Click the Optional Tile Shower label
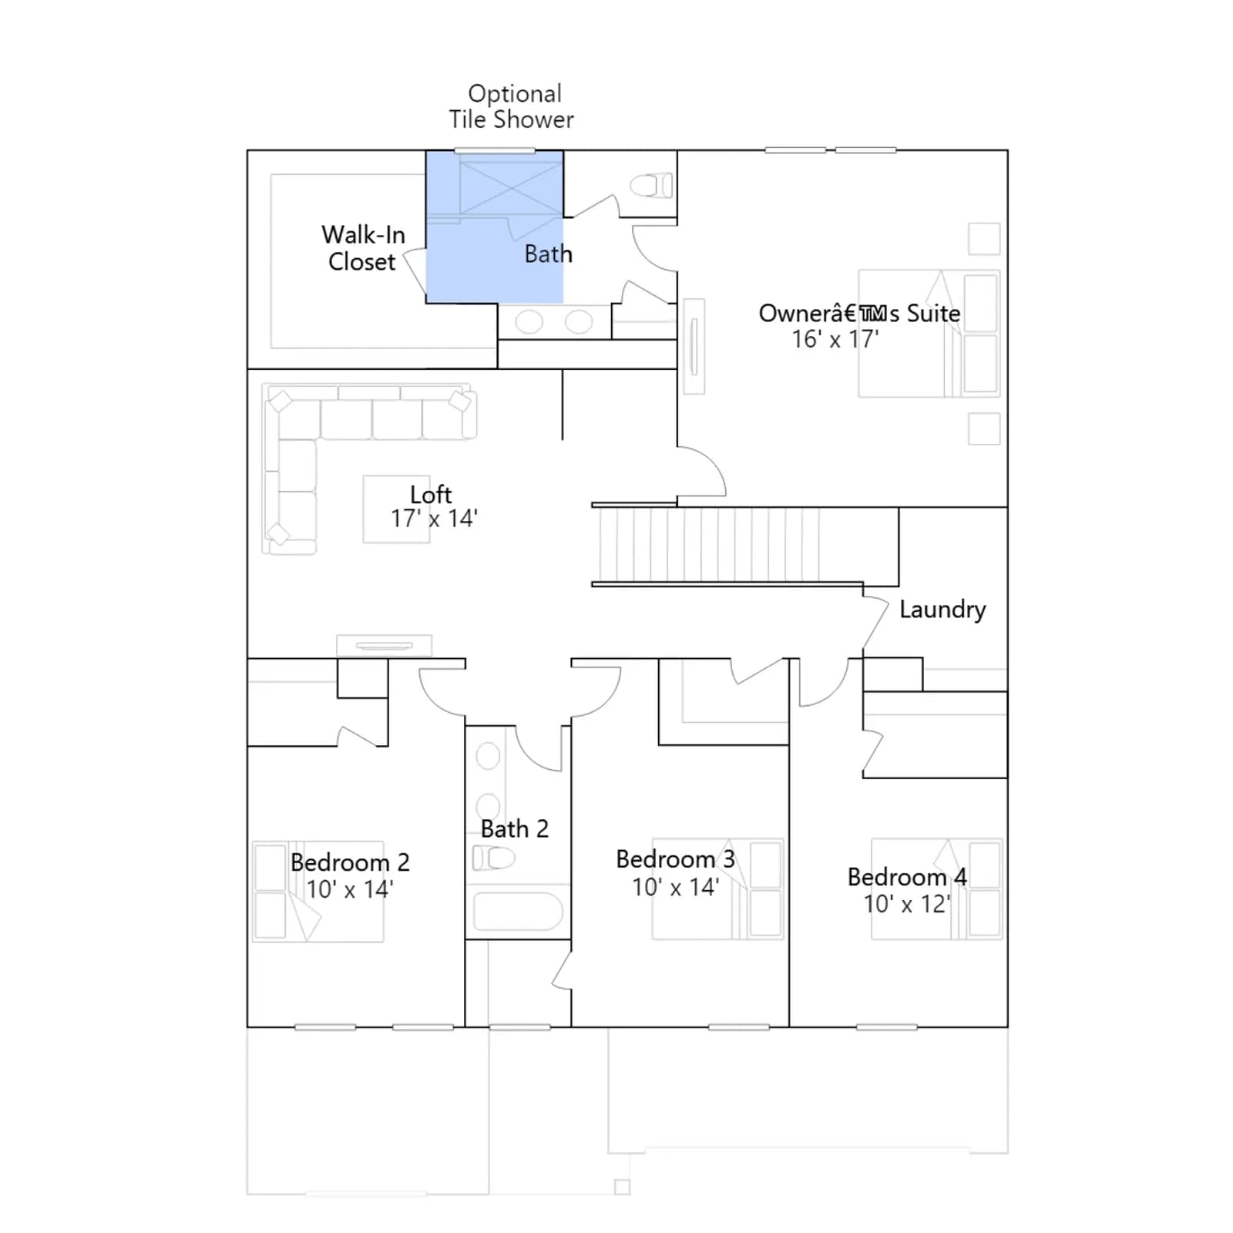512,106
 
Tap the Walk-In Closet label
363,248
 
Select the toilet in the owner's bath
651,186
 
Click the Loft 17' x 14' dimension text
434,519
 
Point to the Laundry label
942,610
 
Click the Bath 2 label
515,829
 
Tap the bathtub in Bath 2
518,912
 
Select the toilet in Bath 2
493,858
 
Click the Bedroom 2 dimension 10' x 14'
350,889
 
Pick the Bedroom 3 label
676,859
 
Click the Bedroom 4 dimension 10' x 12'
907,904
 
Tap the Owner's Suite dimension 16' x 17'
835,339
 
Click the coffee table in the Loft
396,509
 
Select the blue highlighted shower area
495,227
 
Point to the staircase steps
709,544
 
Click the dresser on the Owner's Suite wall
694,346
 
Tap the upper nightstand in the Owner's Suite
984,239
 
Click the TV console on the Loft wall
385,645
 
